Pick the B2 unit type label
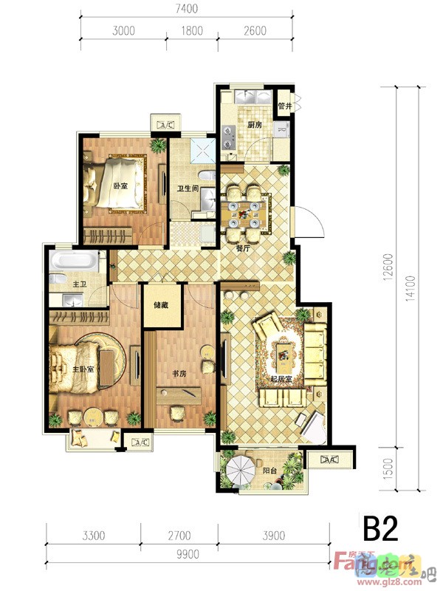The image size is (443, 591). pos(380,529)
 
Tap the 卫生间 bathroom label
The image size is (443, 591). pos(187,188)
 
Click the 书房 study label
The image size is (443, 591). pos(180,374)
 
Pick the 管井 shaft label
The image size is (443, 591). pos(285,107)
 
